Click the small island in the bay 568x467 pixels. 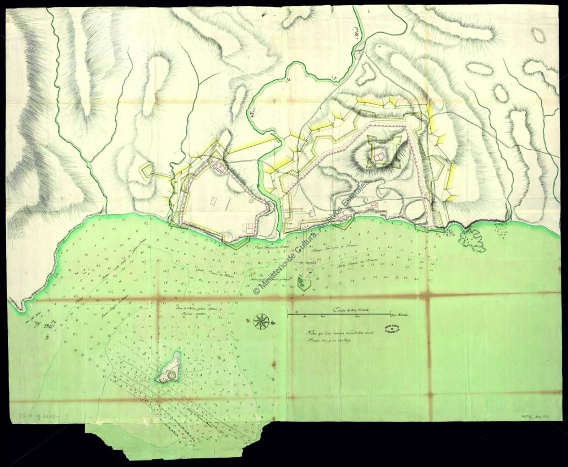pos(170,368)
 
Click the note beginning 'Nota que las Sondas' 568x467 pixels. pos(335,336)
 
